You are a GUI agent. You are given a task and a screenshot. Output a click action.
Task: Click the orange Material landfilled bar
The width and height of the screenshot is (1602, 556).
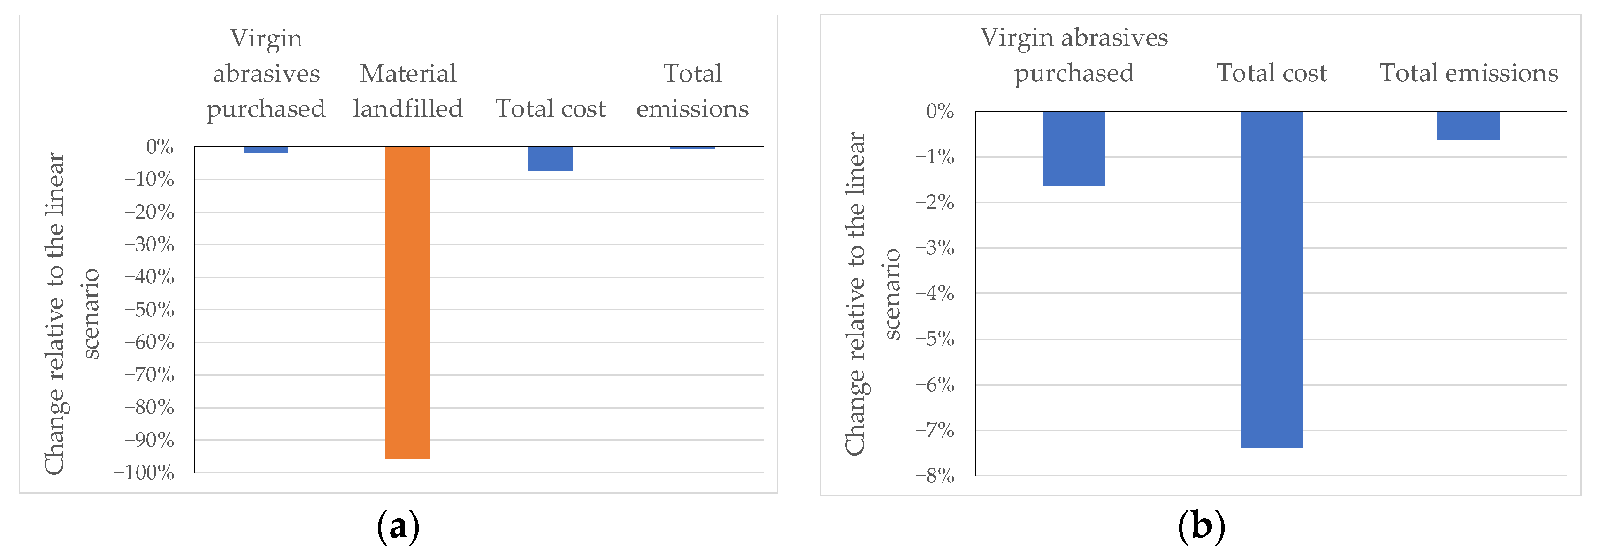tap(407, 303)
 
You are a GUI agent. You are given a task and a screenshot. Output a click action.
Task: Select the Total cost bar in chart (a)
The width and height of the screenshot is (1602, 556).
tap(550, 159)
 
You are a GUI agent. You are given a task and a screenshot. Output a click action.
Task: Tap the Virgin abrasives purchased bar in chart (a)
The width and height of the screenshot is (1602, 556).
tap(266, 150)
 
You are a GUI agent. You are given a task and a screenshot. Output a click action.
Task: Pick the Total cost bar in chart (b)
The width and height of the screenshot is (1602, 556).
tap(1271, 279)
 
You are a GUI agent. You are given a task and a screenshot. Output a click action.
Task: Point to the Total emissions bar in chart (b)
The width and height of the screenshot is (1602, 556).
tap(1468, 126)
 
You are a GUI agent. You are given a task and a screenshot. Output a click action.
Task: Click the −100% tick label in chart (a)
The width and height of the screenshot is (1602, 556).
tap(144, 472)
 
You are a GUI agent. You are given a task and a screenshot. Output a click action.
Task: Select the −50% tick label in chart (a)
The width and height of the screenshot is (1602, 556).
tap(149, 310)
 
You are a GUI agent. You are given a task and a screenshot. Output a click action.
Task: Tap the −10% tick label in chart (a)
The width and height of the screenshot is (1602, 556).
tap(149, 180)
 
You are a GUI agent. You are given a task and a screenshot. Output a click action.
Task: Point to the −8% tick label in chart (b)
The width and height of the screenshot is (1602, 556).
tap(934, 476)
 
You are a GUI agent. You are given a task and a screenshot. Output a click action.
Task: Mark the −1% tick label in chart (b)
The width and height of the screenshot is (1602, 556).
tap(934, 157)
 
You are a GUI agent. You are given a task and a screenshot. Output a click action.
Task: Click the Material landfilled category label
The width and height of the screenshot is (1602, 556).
tap(408, 91)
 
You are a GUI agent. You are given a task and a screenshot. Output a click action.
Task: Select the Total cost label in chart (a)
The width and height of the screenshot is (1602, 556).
tap(550, 109)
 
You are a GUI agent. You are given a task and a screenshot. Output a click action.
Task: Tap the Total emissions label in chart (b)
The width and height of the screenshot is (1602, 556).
tap(1469, 73)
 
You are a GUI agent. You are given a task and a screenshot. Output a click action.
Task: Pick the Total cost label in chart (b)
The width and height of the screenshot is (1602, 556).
tap(1271, 73)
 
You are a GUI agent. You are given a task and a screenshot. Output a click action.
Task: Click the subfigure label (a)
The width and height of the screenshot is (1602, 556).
tap(398, 526)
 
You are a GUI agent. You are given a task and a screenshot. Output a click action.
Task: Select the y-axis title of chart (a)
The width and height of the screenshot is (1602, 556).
tap(71, 313)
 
